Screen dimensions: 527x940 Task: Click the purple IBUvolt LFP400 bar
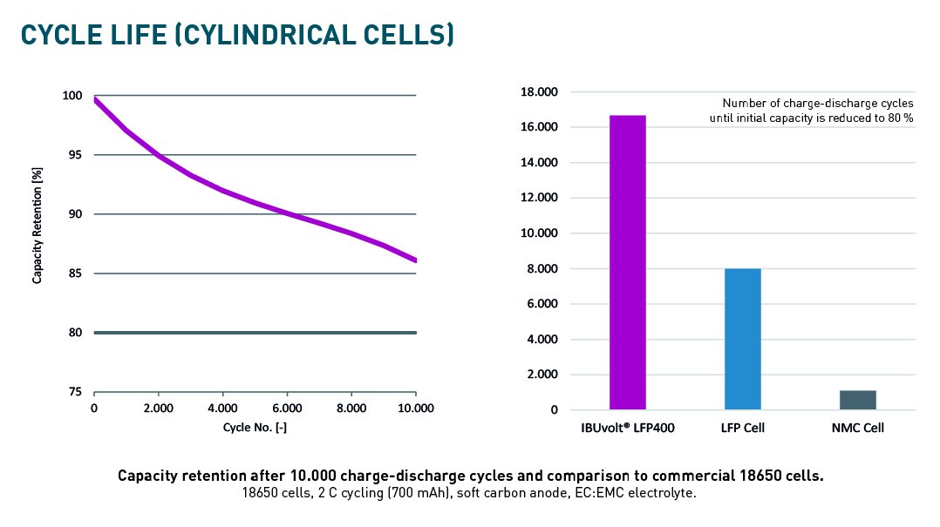[627, 262]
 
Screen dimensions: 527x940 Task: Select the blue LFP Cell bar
[743, 339]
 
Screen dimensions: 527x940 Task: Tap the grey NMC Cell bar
[857, 400]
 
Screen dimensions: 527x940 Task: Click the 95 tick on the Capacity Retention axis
[76, 155]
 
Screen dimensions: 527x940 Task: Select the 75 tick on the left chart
[76, 392]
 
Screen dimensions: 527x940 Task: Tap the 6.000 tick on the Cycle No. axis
[287, 408]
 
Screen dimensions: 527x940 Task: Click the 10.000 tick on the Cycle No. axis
[414, 408]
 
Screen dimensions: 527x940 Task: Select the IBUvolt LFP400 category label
[628, 428]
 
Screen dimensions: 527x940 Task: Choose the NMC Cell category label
[858, 428]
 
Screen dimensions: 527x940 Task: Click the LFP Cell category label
[743, 428]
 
